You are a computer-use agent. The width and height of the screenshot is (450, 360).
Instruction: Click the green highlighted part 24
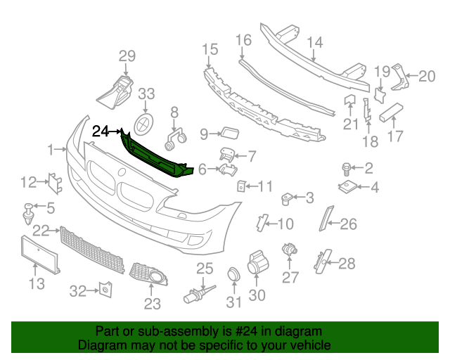(155, 155)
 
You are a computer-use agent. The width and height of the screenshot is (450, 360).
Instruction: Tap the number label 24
(101, 131)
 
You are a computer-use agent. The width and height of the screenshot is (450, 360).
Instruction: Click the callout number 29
(126, 57)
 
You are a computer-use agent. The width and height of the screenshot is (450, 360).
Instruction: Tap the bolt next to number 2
(347, 168)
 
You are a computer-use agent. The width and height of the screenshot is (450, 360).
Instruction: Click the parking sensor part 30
(257, 266)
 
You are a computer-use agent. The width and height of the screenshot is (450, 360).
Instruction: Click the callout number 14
(315, 42)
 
